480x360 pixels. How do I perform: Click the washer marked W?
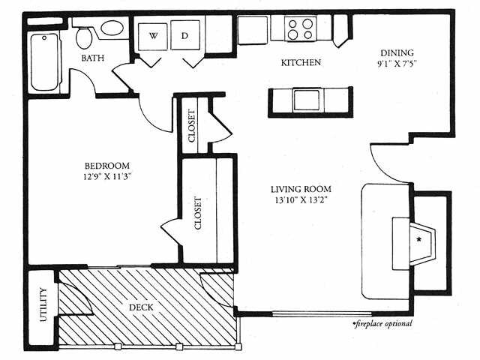(x=153, y=35)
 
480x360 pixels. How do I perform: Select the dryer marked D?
(x=185, y=35)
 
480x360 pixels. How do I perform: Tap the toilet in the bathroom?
(x=83, y=38)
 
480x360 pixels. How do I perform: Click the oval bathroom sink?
(x=112, y=28)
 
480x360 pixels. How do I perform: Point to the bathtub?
(x=45, y=61)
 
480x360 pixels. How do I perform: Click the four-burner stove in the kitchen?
(x=300, y=28)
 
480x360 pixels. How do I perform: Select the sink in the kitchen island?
(x=307, y=100)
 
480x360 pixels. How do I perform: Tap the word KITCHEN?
(x=301, y=63)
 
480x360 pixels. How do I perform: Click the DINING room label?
(x=397, y=53)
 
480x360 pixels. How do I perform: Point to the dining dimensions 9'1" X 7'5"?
(x=397, y=64)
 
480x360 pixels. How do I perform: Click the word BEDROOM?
(x=107, y=166)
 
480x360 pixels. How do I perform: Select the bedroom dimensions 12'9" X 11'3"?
(x=107, y=177)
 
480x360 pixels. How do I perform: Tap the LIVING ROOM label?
(x=301, y=189)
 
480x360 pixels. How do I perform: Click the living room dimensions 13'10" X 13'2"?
(x=301, y=200)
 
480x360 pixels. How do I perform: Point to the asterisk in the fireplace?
(x=418, y=239)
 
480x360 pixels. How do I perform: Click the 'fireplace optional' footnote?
(x=382, y=323)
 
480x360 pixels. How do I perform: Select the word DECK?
(x=141, y=307)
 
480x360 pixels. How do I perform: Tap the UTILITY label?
(x=43, y=304)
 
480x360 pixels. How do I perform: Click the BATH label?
(x=93, y=58)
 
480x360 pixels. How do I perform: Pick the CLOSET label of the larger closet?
(x=198, y=213)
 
